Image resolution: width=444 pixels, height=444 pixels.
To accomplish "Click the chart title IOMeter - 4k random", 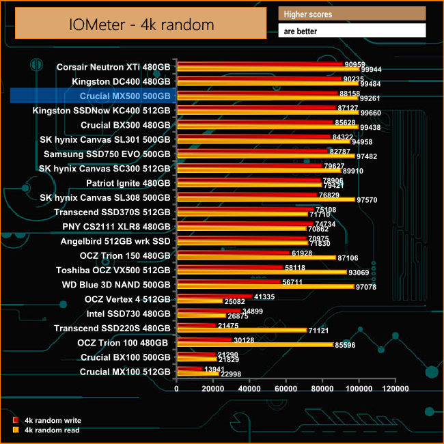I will click(x=141, y=24).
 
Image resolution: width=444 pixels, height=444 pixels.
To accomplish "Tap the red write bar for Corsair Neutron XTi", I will click(x=260, y=64).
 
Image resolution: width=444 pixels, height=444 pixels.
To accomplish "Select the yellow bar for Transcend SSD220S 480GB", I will click(x=242, y=330).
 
